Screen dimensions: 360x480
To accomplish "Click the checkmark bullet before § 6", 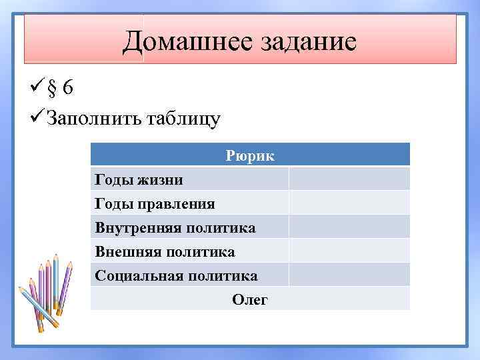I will click(x=37, y=88).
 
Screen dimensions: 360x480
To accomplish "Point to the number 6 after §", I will click(x=69, y=89).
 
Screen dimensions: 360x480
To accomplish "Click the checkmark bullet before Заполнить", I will click(x=37, y=119).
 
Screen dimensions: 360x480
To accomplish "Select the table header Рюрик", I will click(x=250, y=155).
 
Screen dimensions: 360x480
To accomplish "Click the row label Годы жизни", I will click(x=139, y=179).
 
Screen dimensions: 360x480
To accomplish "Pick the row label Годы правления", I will click(x=155, y=203).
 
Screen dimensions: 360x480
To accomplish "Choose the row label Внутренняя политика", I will click(x=175, y=227).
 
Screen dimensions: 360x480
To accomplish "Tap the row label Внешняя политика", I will click(x=165, y=251).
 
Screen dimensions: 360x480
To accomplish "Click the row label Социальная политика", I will click(x=176, y=275).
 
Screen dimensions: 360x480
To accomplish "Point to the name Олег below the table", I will click(x=250, y=299).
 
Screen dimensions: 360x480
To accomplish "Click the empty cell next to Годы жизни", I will click(x=349, y=179).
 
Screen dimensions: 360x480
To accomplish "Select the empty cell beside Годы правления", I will click(x=349, y=203).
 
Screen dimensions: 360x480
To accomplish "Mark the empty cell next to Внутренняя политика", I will click(x=349, y=227).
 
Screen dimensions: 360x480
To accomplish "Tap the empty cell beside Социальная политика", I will click(x=349, y=275).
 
